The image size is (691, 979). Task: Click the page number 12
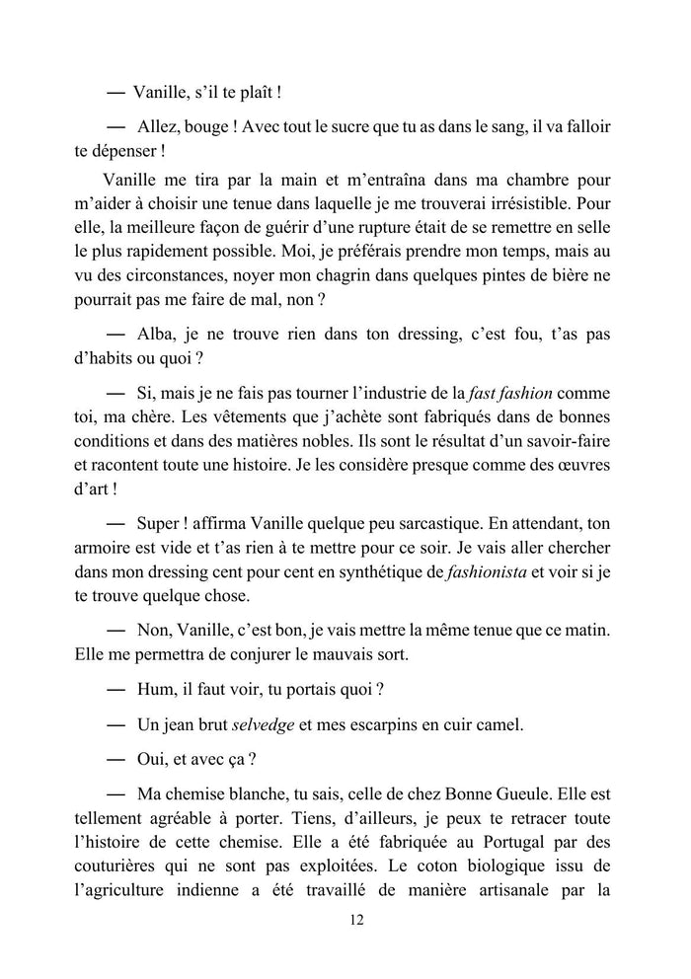(x=357, y=921)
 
